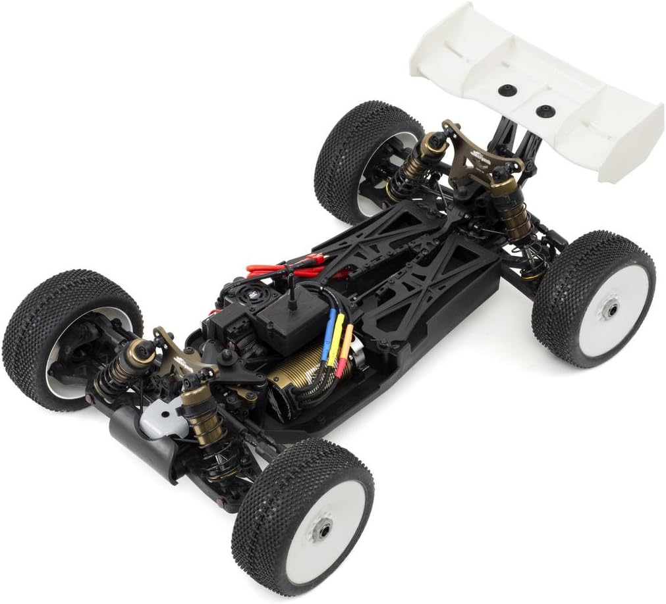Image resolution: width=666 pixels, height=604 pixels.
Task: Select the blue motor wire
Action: click(x=326, y=336)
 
